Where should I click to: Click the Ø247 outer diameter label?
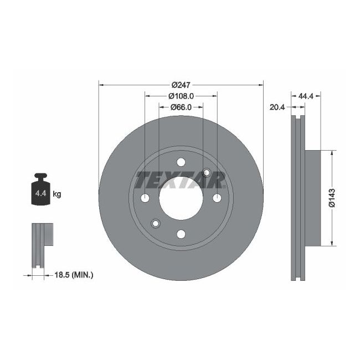181,85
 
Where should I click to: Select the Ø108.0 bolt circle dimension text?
181,96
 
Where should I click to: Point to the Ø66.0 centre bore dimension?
181,107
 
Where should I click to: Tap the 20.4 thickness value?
277,107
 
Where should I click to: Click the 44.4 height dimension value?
306,96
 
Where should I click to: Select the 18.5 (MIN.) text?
74,274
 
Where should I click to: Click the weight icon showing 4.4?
40,191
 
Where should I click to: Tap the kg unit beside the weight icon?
56,194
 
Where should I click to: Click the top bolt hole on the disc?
181,162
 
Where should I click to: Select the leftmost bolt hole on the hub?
145,198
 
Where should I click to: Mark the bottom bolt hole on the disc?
181,234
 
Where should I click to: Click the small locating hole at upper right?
207,172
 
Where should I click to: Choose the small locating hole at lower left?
155,223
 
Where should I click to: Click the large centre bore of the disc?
181,198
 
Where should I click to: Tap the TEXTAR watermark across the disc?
181,180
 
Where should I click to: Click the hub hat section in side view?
313,197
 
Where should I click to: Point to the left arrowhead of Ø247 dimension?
101,85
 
